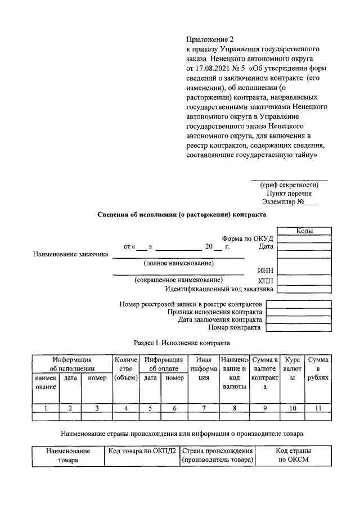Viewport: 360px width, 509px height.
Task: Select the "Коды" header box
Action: pos(304,231)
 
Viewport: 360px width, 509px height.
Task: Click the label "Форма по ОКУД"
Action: pos(247,238)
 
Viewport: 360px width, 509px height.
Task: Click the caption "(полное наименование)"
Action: pos(178,263)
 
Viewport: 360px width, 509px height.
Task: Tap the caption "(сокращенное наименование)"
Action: pos(178,280)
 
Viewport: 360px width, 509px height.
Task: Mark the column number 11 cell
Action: pos(318,408)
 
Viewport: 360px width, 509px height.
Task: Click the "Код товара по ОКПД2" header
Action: pos(141,451)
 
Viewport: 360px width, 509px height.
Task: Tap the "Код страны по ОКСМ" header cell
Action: pos(294,455)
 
